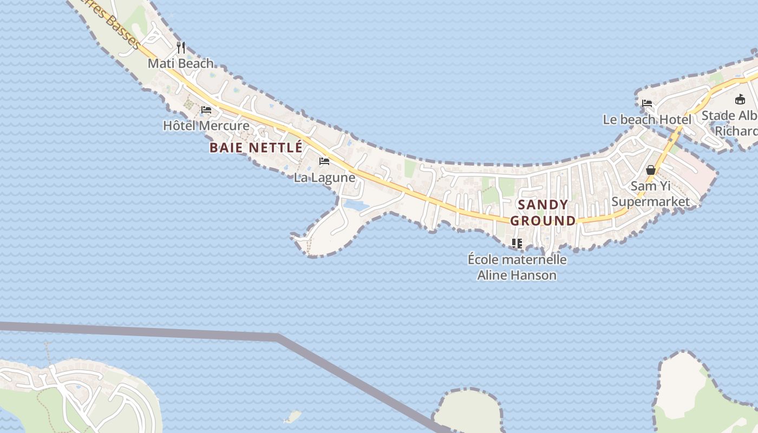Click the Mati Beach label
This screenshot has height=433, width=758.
point(180,63)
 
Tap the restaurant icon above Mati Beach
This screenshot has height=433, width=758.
point(181,48)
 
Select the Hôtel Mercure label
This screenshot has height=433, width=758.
point(206,126)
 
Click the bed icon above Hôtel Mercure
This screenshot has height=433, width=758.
point(206,110)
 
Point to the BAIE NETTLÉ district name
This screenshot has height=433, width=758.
point(256,147)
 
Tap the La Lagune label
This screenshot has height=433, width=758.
point(324,178)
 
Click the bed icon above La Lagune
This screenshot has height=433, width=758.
point(324,161)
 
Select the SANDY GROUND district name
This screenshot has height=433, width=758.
point(543,213)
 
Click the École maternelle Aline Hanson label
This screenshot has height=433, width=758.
point(517,267)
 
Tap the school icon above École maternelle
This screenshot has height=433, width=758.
point(517,244)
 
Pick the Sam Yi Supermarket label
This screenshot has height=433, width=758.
point(651,194)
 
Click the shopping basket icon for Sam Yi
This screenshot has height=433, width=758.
point(651,170)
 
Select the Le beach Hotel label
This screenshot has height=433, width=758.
point(647,120)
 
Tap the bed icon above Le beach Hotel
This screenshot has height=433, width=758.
point(647,103)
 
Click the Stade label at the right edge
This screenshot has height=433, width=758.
point(731,123)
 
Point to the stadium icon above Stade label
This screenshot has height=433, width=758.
point(740,99)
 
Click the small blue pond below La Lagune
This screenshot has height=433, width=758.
point(356,206)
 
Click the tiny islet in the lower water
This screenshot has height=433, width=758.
point(292,417)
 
